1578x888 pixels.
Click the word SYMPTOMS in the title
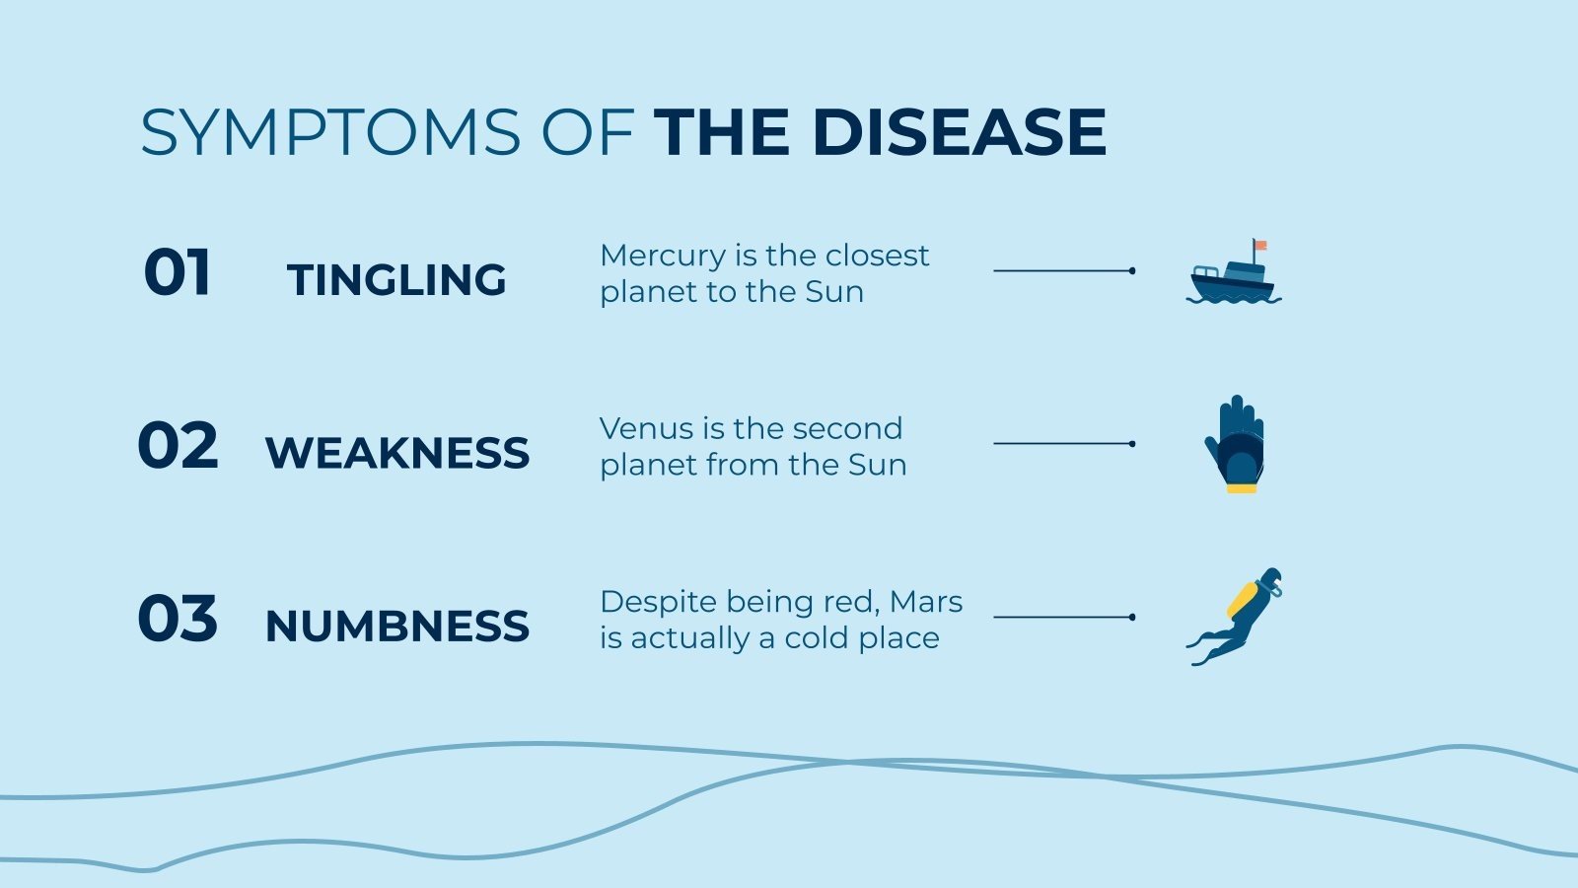(x=329, y=132)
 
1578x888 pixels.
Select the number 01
(x=178, y=272)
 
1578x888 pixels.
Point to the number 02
(x=178, y=445)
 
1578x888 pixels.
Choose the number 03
(x=178, y=619)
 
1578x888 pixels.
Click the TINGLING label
(x=396, y=280)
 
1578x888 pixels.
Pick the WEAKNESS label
(x=397, y=453)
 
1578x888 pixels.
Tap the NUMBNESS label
(x=397, y=627)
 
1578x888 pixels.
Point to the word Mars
(x=925, y=601)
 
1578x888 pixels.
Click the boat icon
(x=1233, y=276)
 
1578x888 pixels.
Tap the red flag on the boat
(x=1260, y=245)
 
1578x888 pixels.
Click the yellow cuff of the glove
(x=1242, y=486)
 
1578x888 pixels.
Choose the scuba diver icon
(x=1235, y=617)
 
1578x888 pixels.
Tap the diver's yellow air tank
(x=1243, y=598)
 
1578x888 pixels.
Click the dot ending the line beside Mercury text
(x=1131, y=270)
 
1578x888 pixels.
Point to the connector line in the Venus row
(x=1061, y=444)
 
